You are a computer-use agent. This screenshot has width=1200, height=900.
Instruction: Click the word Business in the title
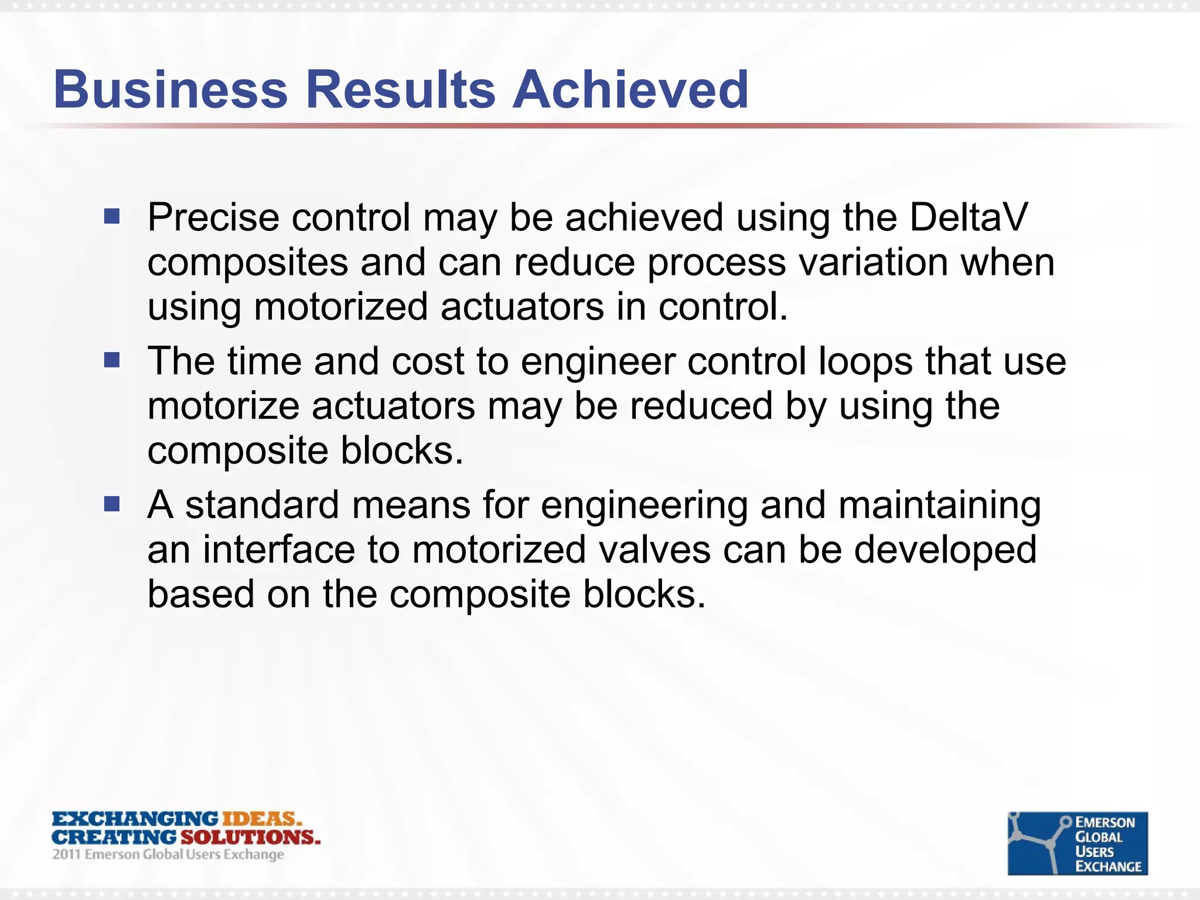171,89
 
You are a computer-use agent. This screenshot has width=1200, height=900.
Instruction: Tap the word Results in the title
401,89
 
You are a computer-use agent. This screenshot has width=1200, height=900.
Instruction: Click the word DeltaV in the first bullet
968,217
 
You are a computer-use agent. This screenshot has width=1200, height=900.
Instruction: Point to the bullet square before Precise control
111,217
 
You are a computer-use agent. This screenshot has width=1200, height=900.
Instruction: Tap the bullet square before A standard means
111,504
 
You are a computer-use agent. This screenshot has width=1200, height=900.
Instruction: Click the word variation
873,262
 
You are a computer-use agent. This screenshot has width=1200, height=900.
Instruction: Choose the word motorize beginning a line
223,406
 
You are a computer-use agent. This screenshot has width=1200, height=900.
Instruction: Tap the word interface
279,550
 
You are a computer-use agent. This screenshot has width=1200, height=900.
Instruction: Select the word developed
945,550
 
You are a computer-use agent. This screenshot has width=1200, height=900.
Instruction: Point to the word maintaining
939,505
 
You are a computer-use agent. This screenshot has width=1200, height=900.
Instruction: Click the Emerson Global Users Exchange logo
1077,843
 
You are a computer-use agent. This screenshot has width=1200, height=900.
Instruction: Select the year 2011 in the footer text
66,854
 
